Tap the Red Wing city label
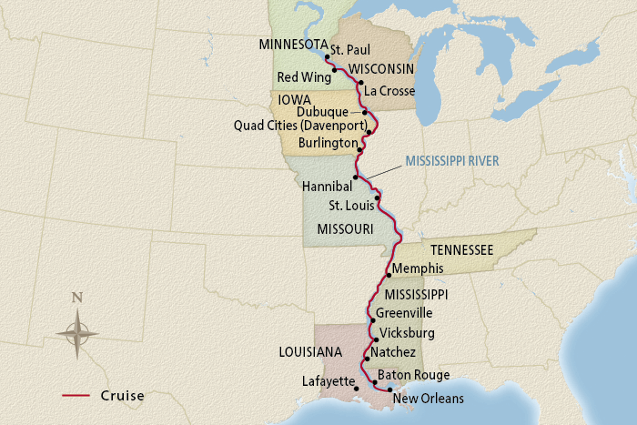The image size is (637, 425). point(302,76)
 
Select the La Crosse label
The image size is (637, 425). point(389,91)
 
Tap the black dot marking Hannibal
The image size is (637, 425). point(356,177)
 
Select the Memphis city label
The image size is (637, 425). point(417,268)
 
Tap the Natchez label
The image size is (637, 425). point(393,352)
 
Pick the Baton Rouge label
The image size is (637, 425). point(413,375)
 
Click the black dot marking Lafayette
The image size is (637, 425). point(357,389)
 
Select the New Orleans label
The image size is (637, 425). point(429,399)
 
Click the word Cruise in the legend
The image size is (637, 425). point(122,396)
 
